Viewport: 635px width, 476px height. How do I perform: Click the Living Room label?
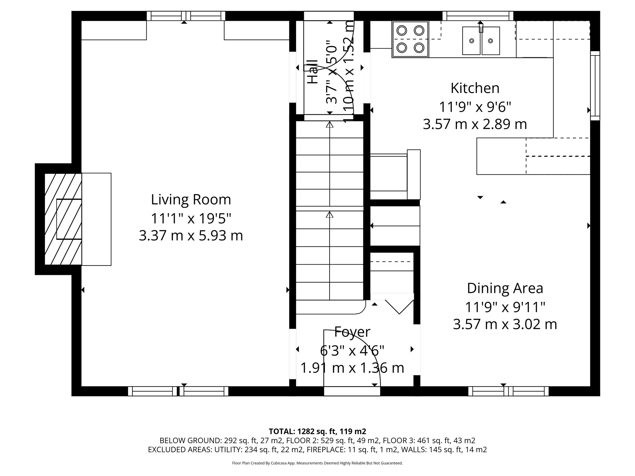[191, 200]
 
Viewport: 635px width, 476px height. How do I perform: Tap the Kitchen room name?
[475, 88]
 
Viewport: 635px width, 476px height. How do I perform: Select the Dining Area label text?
[505, 288]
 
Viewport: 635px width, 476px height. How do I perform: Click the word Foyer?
[352, 332]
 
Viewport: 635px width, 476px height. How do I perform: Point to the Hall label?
[313, 72]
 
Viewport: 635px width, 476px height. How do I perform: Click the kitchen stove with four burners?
[410, 39]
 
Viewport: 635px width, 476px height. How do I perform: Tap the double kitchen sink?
[481, 41]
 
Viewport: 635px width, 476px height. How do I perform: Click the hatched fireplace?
[63, 219]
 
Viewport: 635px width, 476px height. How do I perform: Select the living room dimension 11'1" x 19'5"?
[191, 218]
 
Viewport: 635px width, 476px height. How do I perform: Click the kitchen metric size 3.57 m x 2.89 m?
[475, 124]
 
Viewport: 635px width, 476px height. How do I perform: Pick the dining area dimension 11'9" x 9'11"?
[505, 307]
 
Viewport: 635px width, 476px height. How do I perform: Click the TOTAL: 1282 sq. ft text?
[317, 431]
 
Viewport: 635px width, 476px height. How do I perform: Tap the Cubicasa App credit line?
[317, 463]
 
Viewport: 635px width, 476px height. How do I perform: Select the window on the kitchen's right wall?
[595, 86]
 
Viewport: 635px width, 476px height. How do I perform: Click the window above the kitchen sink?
[478, 16]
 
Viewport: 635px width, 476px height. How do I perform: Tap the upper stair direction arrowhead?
[329, 125]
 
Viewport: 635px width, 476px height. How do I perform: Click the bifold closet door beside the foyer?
[399, 307]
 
